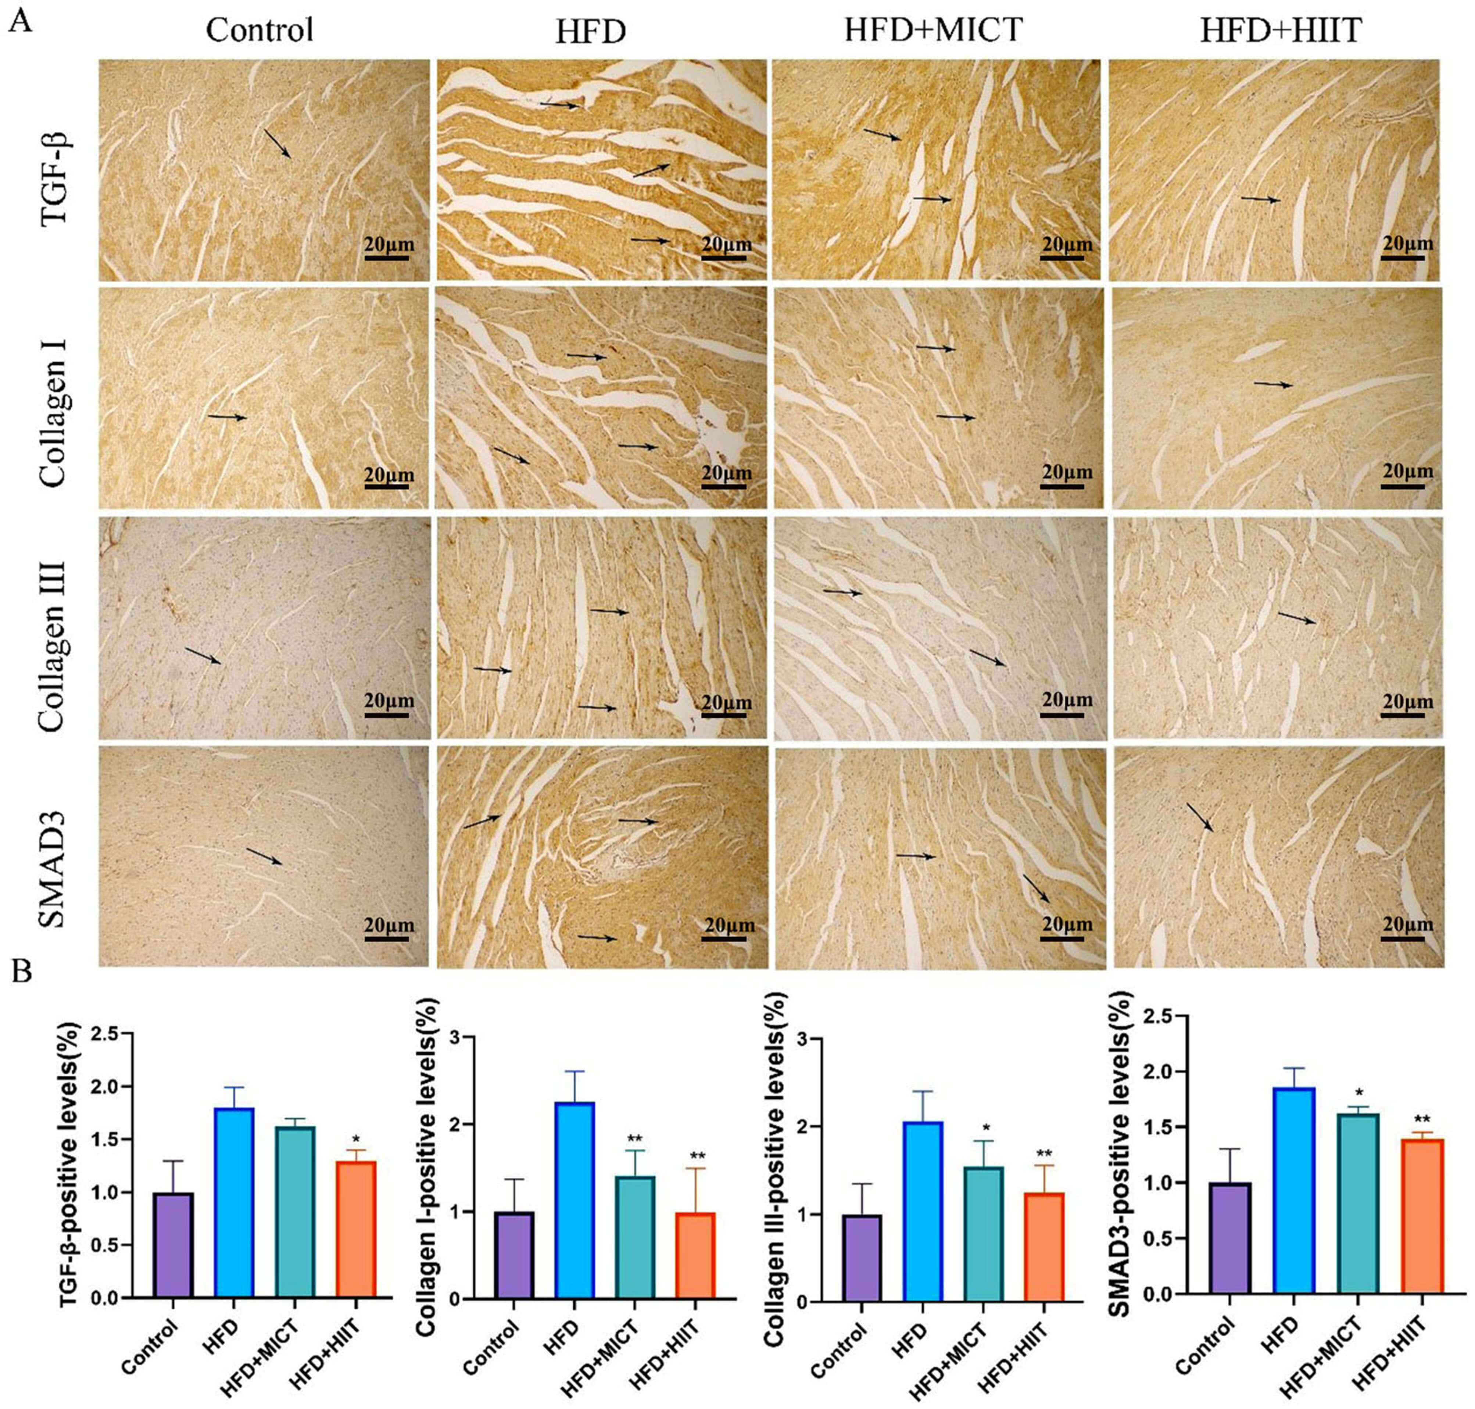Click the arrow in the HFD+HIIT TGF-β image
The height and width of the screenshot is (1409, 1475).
coord(1260,199)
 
